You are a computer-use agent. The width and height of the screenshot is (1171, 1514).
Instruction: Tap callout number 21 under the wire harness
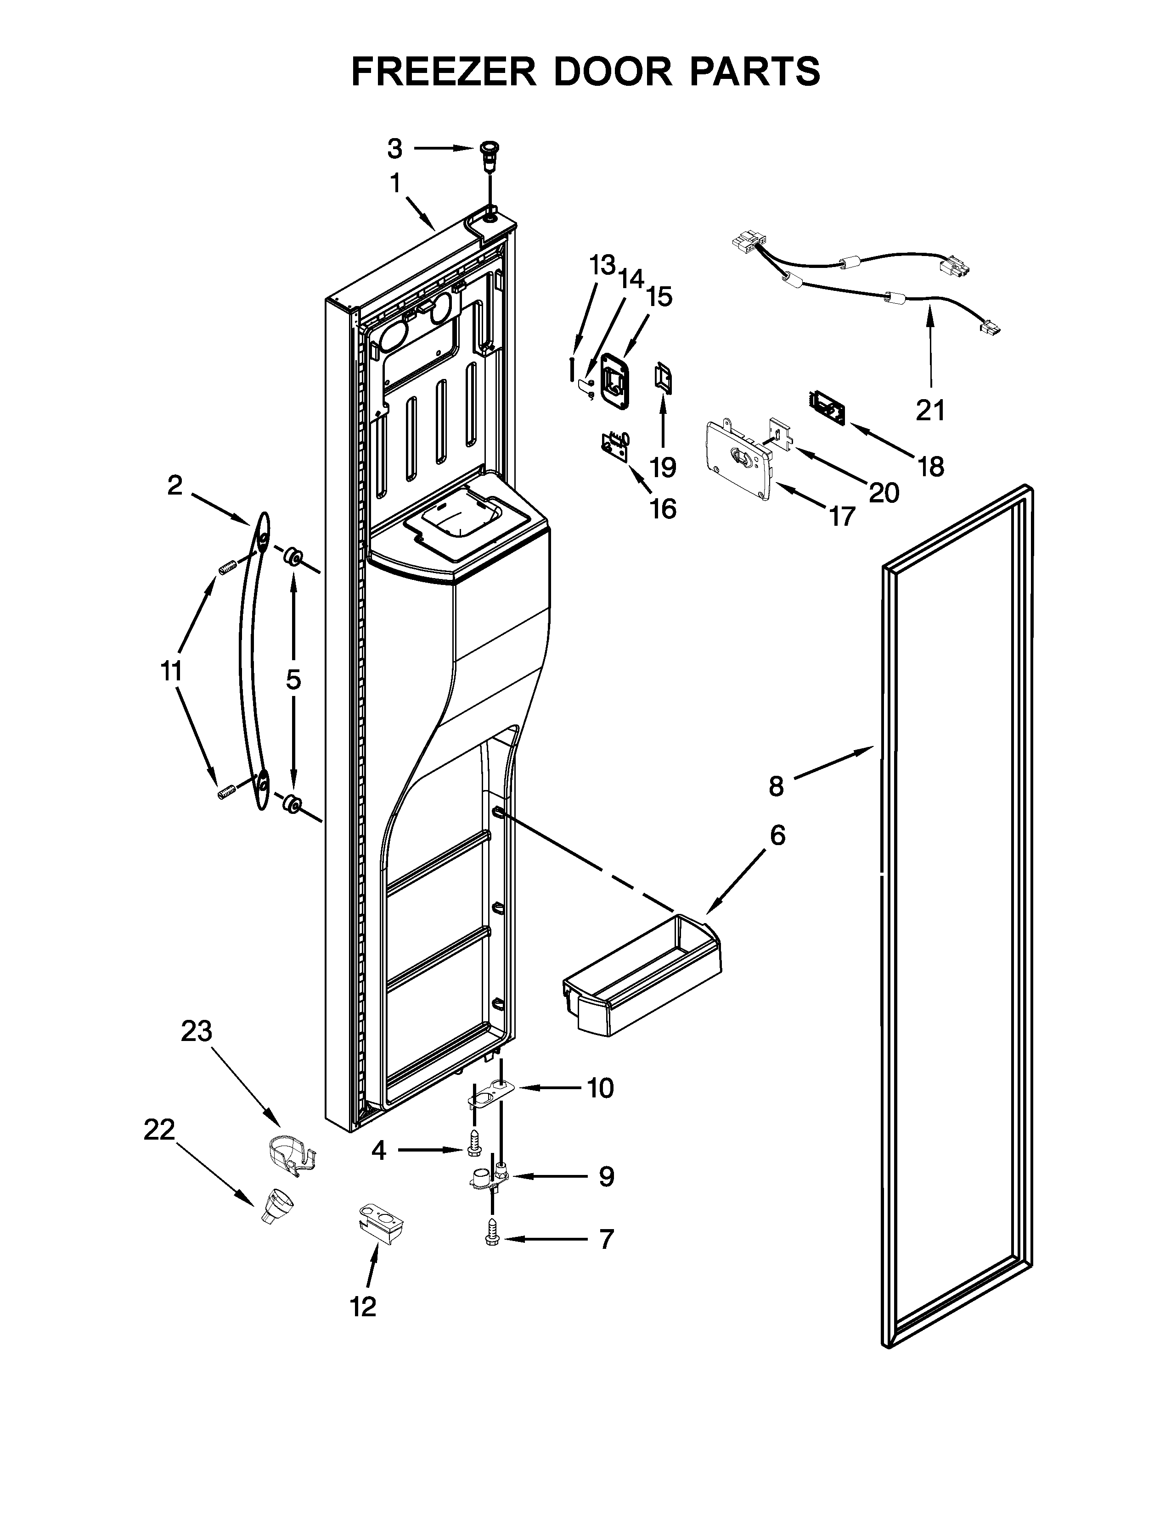click(929, 411)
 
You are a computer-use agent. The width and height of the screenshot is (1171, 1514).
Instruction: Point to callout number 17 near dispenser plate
click(841, 516)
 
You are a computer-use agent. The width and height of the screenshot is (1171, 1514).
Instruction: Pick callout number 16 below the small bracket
click(663, 509)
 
